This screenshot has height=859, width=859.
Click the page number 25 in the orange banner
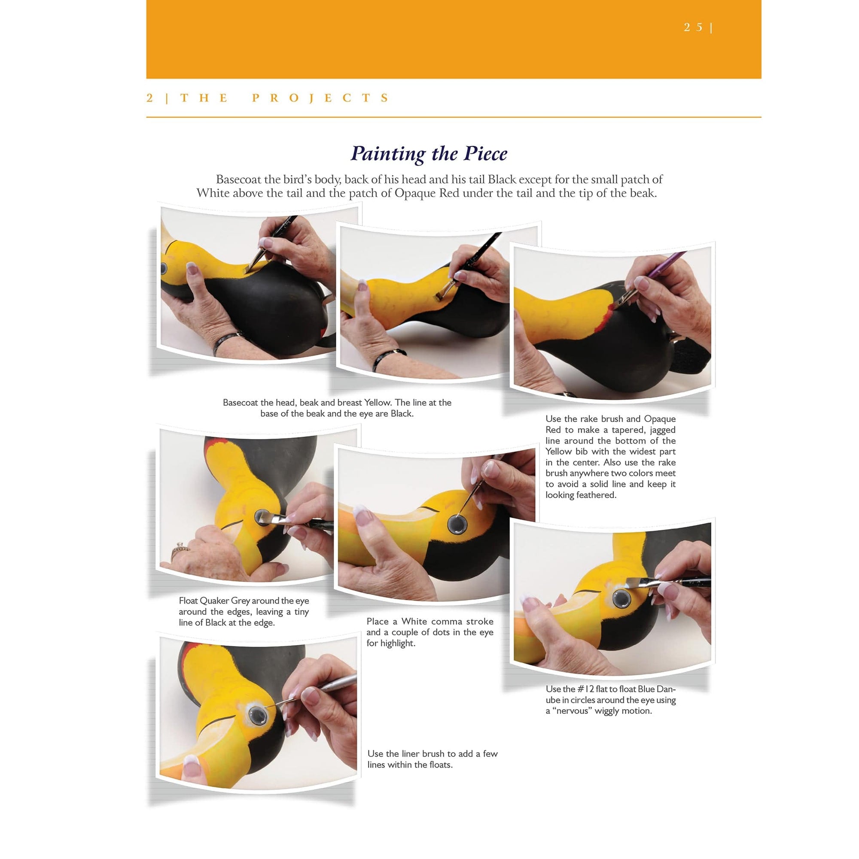click(693, 27)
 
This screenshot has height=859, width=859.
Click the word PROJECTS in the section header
click(321, 98)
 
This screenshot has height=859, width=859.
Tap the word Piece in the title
click(485, 154)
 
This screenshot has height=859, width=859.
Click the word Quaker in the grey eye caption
click(214, 601)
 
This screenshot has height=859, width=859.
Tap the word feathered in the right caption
click(597, 495)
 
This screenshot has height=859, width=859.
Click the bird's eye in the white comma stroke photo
click(457, 525)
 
